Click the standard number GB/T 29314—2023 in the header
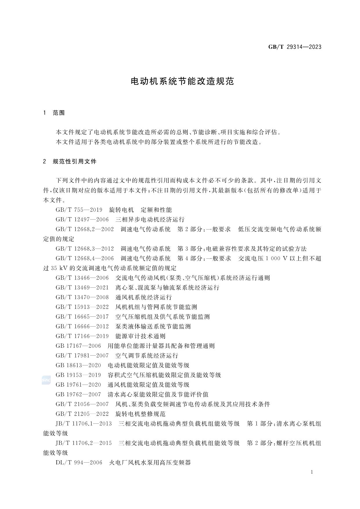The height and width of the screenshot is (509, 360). (294, 47)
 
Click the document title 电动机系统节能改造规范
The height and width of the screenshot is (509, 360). (182, 81)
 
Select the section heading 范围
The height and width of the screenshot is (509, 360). (59, 113)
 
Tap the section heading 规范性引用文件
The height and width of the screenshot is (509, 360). (74, 162)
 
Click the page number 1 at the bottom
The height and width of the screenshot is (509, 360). (312, 472)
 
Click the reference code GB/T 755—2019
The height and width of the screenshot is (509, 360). (79, 210)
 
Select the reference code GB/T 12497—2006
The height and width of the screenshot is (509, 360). (82, 220)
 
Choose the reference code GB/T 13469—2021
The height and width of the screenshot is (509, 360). (82, 287)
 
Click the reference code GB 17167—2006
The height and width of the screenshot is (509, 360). (78, 346)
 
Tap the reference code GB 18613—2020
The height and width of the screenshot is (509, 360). (78, 365)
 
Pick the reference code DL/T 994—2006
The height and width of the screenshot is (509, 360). (79, 462)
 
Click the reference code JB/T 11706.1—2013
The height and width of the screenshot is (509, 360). (84, 423)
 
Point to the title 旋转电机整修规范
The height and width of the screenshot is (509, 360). (140, 414)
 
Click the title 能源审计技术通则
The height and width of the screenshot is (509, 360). (140, 336)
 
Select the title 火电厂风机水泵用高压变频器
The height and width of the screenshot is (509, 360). (150, 462)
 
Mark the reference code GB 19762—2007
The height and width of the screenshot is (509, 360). (78, 394)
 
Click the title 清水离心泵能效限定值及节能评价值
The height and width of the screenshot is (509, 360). (158, 394)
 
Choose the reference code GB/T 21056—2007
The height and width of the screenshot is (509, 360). (82, 404)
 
